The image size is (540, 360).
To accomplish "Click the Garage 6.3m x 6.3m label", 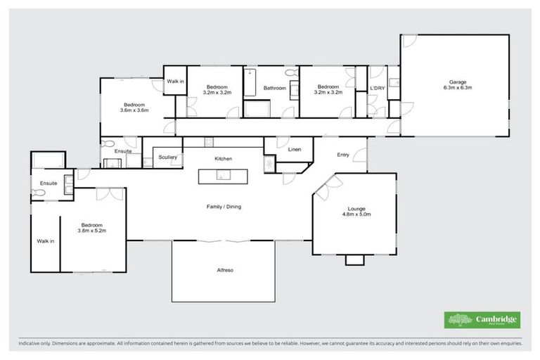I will (x=457, y=84).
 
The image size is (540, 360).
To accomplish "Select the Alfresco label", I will (x=224, y=270).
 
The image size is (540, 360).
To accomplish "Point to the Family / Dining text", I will (x=224, y=206).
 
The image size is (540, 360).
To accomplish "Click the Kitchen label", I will (x=224, y=159).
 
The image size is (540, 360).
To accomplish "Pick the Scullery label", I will (x=167, y=157).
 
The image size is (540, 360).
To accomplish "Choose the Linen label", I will (x=294, y=150).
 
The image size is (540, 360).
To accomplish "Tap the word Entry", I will (x=342, y=155).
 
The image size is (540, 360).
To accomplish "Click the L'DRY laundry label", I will (x=377, y=88).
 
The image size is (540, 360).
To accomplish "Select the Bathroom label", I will (x=275, y=88).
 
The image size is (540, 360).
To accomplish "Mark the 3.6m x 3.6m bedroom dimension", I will (x=134, y=110).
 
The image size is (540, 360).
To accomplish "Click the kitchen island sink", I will (x=224, y=176).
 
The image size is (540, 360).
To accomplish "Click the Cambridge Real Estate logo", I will (x=482, y=320).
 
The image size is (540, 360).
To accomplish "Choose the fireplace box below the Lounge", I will (x=355, y=259).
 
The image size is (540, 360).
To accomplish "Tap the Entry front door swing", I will (x=361, y=150).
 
